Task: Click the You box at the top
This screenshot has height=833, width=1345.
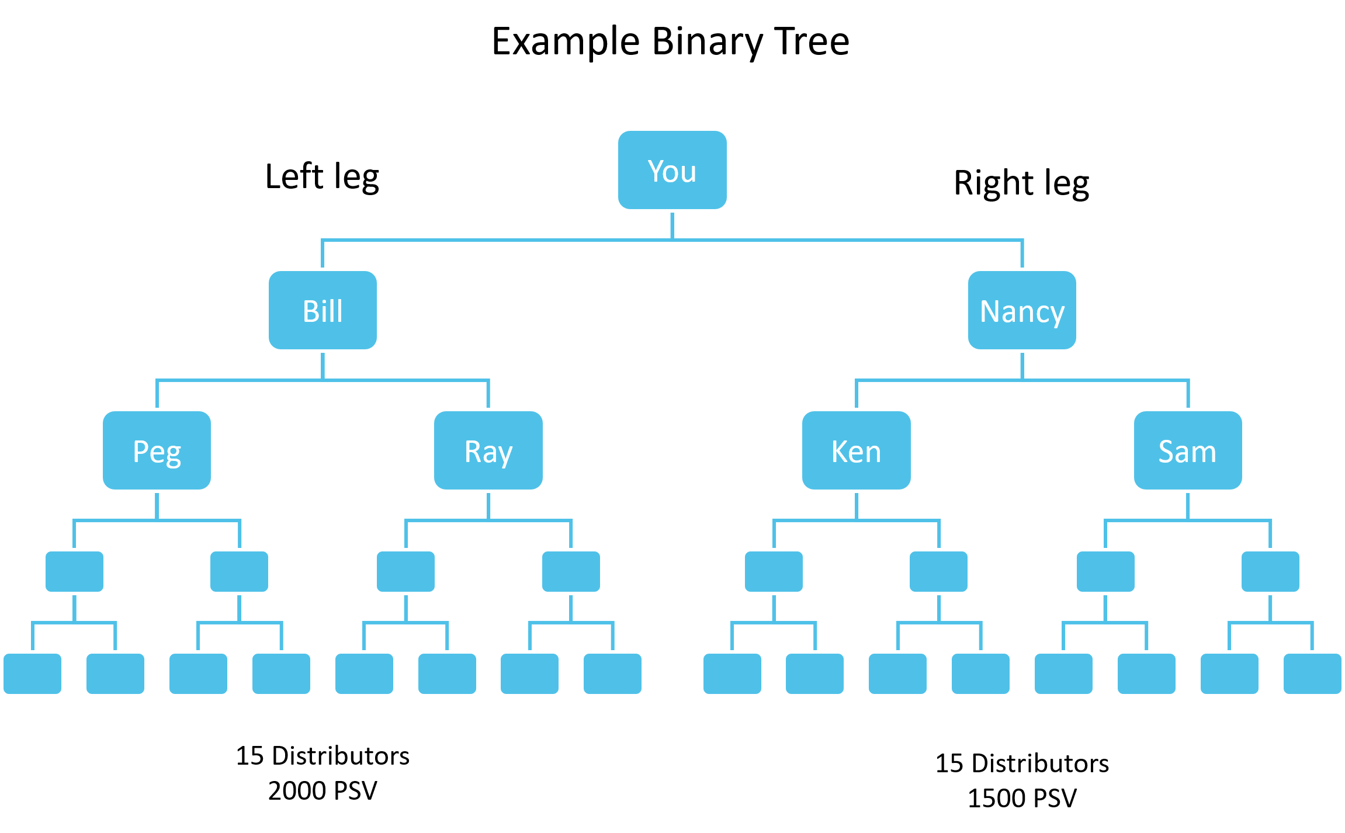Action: point(672,170)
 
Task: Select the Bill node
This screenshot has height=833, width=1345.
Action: point(323,310)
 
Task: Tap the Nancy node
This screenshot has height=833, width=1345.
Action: point(1021,310)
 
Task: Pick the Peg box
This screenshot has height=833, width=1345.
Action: point(157,450)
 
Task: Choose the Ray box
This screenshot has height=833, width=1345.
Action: point(488,450)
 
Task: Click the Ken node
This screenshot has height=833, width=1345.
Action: point(856,450)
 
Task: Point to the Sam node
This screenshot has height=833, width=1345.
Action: point(1188,450)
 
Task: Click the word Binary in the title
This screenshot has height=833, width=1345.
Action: point(707,42)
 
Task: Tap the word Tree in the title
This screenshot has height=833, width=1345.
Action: point(812,42)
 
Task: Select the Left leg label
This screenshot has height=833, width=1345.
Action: point(322,176)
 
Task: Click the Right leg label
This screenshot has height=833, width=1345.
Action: point(1021,183)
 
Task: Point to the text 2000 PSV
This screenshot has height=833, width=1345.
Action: point(323,791)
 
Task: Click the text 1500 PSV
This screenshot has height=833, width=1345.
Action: point(1022,798)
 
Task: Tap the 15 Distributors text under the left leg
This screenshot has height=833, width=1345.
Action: point(323,756)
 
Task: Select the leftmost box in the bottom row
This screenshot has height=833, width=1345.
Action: point(33,674)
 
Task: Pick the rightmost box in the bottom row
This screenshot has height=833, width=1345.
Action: point(1312,674)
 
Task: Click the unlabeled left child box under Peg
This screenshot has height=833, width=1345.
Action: point(74,571)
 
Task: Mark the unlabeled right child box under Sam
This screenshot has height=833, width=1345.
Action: point(1270,571)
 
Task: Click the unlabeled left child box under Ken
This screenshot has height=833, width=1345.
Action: point(774,571)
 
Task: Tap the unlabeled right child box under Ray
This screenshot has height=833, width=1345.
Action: point(571,571)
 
